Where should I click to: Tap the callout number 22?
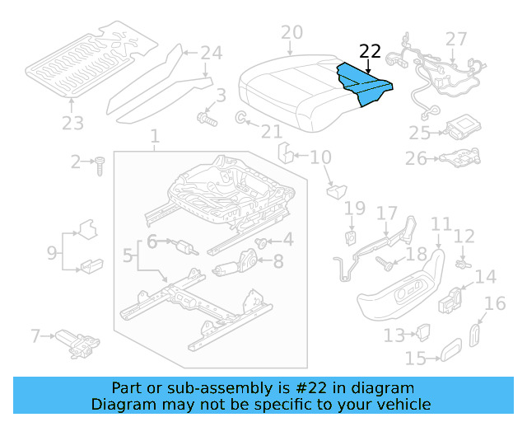pos(371,50)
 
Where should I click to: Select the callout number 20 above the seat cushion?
pos(291,33)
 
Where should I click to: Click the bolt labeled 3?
pos(205,120)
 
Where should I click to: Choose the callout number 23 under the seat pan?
pos(72,124)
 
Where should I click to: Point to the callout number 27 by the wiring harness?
pos(455,38)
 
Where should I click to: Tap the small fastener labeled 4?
pos(262,242)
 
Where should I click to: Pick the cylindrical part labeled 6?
pos(184,246)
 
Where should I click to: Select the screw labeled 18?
pos(385,264)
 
